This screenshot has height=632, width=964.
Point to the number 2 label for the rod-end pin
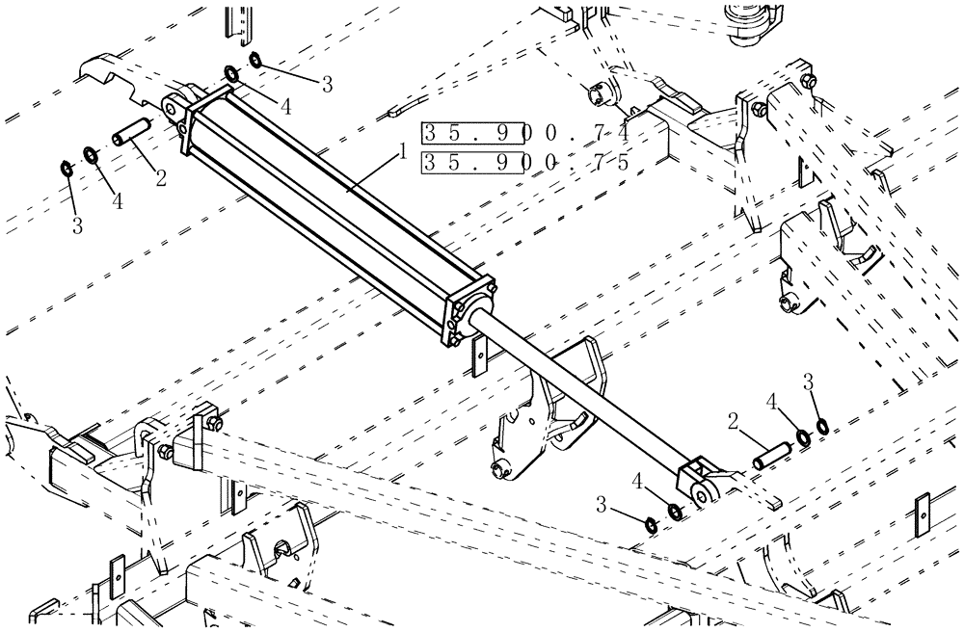tap(733, 422)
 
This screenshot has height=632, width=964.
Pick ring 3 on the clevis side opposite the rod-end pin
tap(651, 524)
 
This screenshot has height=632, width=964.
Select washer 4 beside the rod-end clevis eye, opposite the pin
tap(676, 512)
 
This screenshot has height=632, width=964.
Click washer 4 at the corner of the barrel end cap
tap(232, 73)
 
